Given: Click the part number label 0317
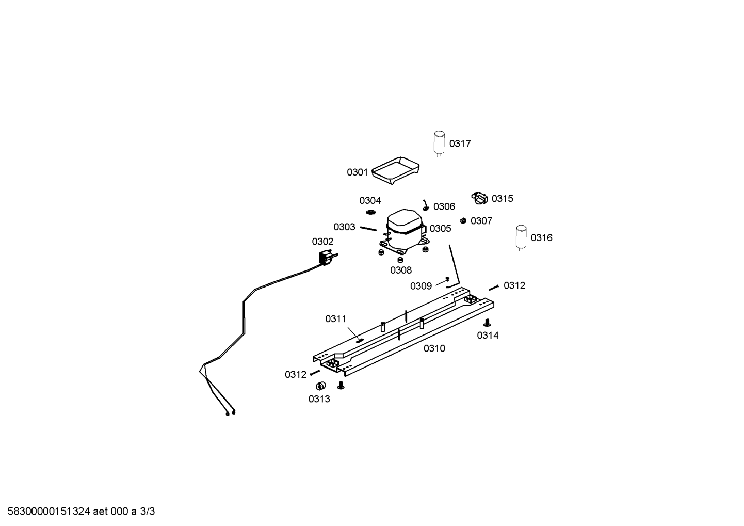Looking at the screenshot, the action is pos(460,144).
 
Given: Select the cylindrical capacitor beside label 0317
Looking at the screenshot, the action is pos(439,143).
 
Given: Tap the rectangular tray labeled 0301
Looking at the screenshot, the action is pos(395,170).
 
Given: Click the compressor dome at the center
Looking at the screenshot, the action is pos(405,221).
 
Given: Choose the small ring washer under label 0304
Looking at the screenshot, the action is pos(370,212).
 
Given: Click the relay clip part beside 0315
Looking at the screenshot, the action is pos(480,198).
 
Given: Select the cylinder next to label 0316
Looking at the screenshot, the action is pos(521,237).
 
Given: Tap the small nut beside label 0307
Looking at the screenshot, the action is pos(463,220).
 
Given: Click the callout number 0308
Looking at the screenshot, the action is pos(401,270).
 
